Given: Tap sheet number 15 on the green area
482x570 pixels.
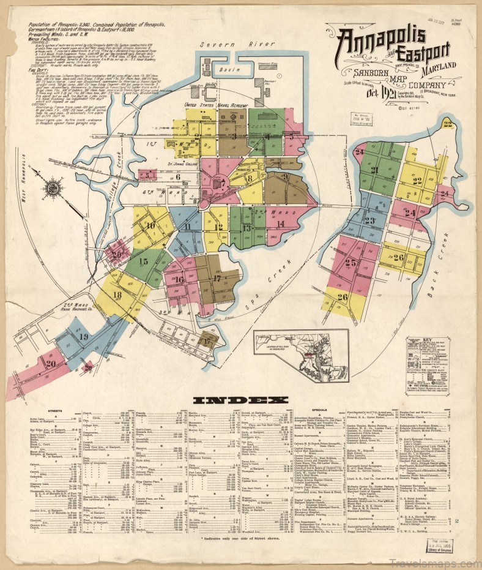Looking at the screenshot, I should (144, 261).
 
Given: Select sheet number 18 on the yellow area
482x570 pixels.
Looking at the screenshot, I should (116, 294).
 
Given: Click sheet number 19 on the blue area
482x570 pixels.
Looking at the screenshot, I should (83, 337).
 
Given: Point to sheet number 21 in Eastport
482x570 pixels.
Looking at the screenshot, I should (374, 170).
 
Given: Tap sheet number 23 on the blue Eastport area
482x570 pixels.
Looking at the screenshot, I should (369, 220).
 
